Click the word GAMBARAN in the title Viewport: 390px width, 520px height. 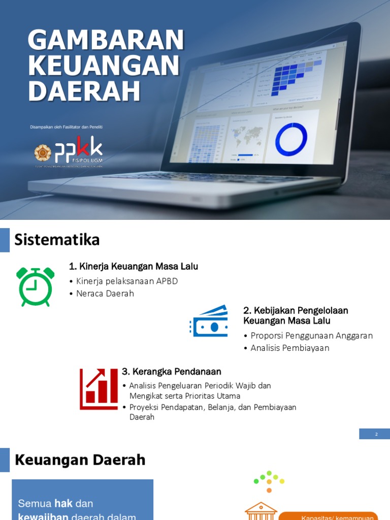pos(106,40)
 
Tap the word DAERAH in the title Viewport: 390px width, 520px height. pos(84,91)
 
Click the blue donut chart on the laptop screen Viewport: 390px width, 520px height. pos(291,139)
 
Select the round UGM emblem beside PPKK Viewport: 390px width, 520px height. pos(43,152)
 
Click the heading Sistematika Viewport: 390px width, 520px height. pos(57,239)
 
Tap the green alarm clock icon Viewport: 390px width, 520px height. pos(36,286)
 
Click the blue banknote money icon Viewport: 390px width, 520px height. pos(209,321)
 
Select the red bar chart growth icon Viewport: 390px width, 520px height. pos(99,389)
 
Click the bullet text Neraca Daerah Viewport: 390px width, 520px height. pos(105,294)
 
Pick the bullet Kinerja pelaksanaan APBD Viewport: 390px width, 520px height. pos(127,281)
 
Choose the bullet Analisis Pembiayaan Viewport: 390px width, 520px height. pos(290,348)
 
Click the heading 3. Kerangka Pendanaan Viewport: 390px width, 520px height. pos(172,372)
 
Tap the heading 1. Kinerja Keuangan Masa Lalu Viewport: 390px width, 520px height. pos(134,266)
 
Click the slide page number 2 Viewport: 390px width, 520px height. pos(376,434)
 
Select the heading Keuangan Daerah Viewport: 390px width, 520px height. pos(80,460)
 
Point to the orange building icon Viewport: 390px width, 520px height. pos(261,510)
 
